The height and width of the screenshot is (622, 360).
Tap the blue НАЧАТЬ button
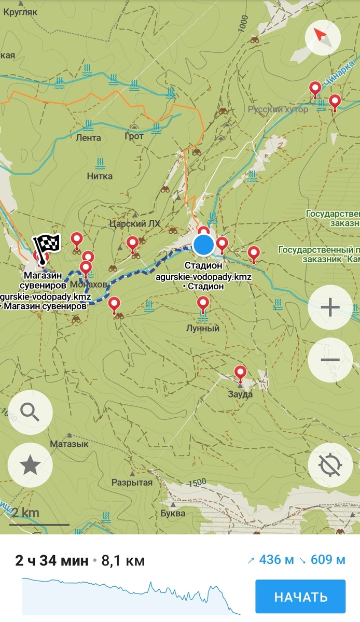(300, 597)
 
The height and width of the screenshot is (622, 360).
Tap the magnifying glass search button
(30, 413)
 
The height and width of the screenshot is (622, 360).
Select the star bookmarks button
(30, 465)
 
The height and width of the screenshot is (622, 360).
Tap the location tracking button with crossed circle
(330, 465)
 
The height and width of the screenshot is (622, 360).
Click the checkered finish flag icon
(47, 243)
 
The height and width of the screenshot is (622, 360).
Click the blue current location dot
(204, 245)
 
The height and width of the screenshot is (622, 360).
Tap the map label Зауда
(240, 394)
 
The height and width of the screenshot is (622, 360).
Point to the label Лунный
(203, 329)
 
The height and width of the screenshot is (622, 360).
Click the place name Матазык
(69, 444)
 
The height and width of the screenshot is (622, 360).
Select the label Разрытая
(132, 483)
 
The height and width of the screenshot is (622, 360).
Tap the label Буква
(173, 513)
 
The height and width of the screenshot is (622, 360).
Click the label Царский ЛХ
(135, 223)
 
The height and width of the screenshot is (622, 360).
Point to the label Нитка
(100, 176)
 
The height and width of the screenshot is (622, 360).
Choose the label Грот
(134, 137)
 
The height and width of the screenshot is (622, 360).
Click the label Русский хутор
(278, 109)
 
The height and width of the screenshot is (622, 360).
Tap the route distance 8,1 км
(123, 560)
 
